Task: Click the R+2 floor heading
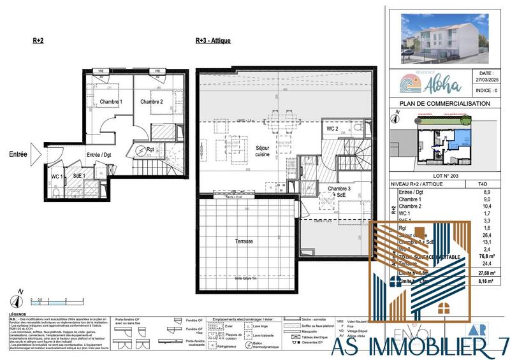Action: coord(38,40)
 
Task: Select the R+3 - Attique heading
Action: coord(213,40)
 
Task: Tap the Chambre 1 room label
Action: coord(111,102)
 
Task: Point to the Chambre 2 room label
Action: coord(152,102)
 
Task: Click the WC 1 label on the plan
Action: coord(57,175)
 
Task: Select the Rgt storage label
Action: coord(150,150)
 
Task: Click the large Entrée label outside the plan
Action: coord(18,154)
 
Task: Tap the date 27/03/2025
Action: coord(486,82)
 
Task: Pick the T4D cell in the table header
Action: coord(488,183)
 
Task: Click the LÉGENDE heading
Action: coord(18,315)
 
